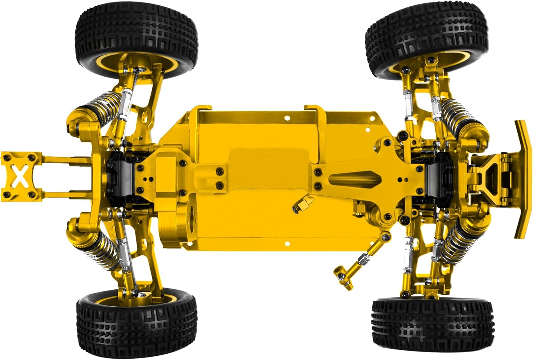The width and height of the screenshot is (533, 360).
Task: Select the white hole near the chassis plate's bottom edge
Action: (x=287, y=244)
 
